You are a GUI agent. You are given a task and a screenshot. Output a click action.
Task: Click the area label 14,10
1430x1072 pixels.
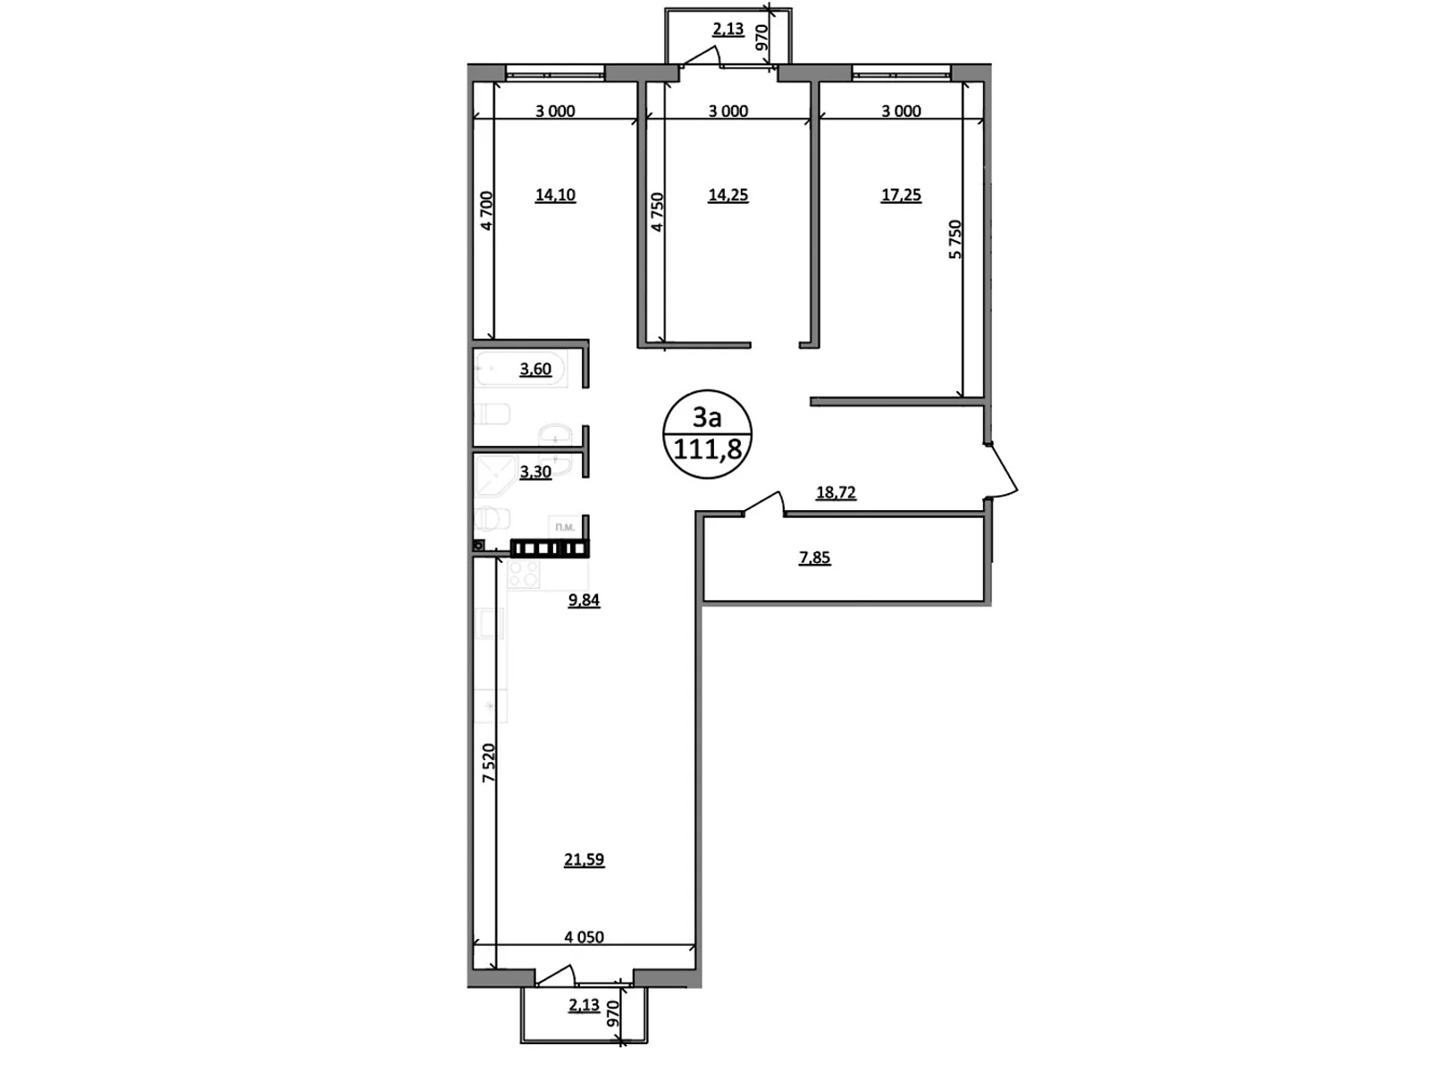pos(555,195)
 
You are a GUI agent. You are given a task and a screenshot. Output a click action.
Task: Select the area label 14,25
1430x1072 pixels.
pos(728,195)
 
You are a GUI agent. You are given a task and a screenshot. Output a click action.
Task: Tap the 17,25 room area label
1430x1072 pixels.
pos(901,195)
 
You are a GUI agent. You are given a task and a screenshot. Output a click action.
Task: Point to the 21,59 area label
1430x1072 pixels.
pos(584,859)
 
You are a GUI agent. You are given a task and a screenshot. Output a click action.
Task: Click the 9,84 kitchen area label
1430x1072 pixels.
pos(584,600)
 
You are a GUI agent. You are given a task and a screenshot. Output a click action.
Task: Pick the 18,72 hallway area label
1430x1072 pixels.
pos(836,492)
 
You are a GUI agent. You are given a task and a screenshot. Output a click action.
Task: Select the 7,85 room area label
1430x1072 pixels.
pos(814,557)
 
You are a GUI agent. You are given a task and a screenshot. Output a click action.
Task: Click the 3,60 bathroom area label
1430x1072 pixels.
pos(535,369)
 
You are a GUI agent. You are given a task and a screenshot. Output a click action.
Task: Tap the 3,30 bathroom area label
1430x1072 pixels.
pos(535,472)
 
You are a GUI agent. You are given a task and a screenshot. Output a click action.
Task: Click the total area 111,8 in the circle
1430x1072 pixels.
pos(707,449)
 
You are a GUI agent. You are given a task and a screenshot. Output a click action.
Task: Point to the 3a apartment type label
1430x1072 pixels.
pos(707,416)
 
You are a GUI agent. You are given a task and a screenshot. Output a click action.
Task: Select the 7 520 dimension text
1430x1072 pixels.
pos(488,763)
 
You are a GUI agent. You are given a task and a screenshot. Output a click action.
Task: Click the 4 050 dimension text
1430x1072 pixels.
pos(584,937)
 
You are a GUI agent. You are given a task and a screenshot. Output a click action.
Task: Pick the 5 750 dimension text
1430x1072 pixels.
pos(955,239)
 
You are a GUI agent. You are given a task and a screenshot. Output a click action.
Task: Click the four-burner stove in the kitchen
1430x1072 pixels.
pos(524,574)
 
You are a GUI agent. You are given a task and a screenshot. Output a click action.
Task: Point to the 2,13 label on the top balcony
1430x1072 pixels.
pos(728,29)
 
